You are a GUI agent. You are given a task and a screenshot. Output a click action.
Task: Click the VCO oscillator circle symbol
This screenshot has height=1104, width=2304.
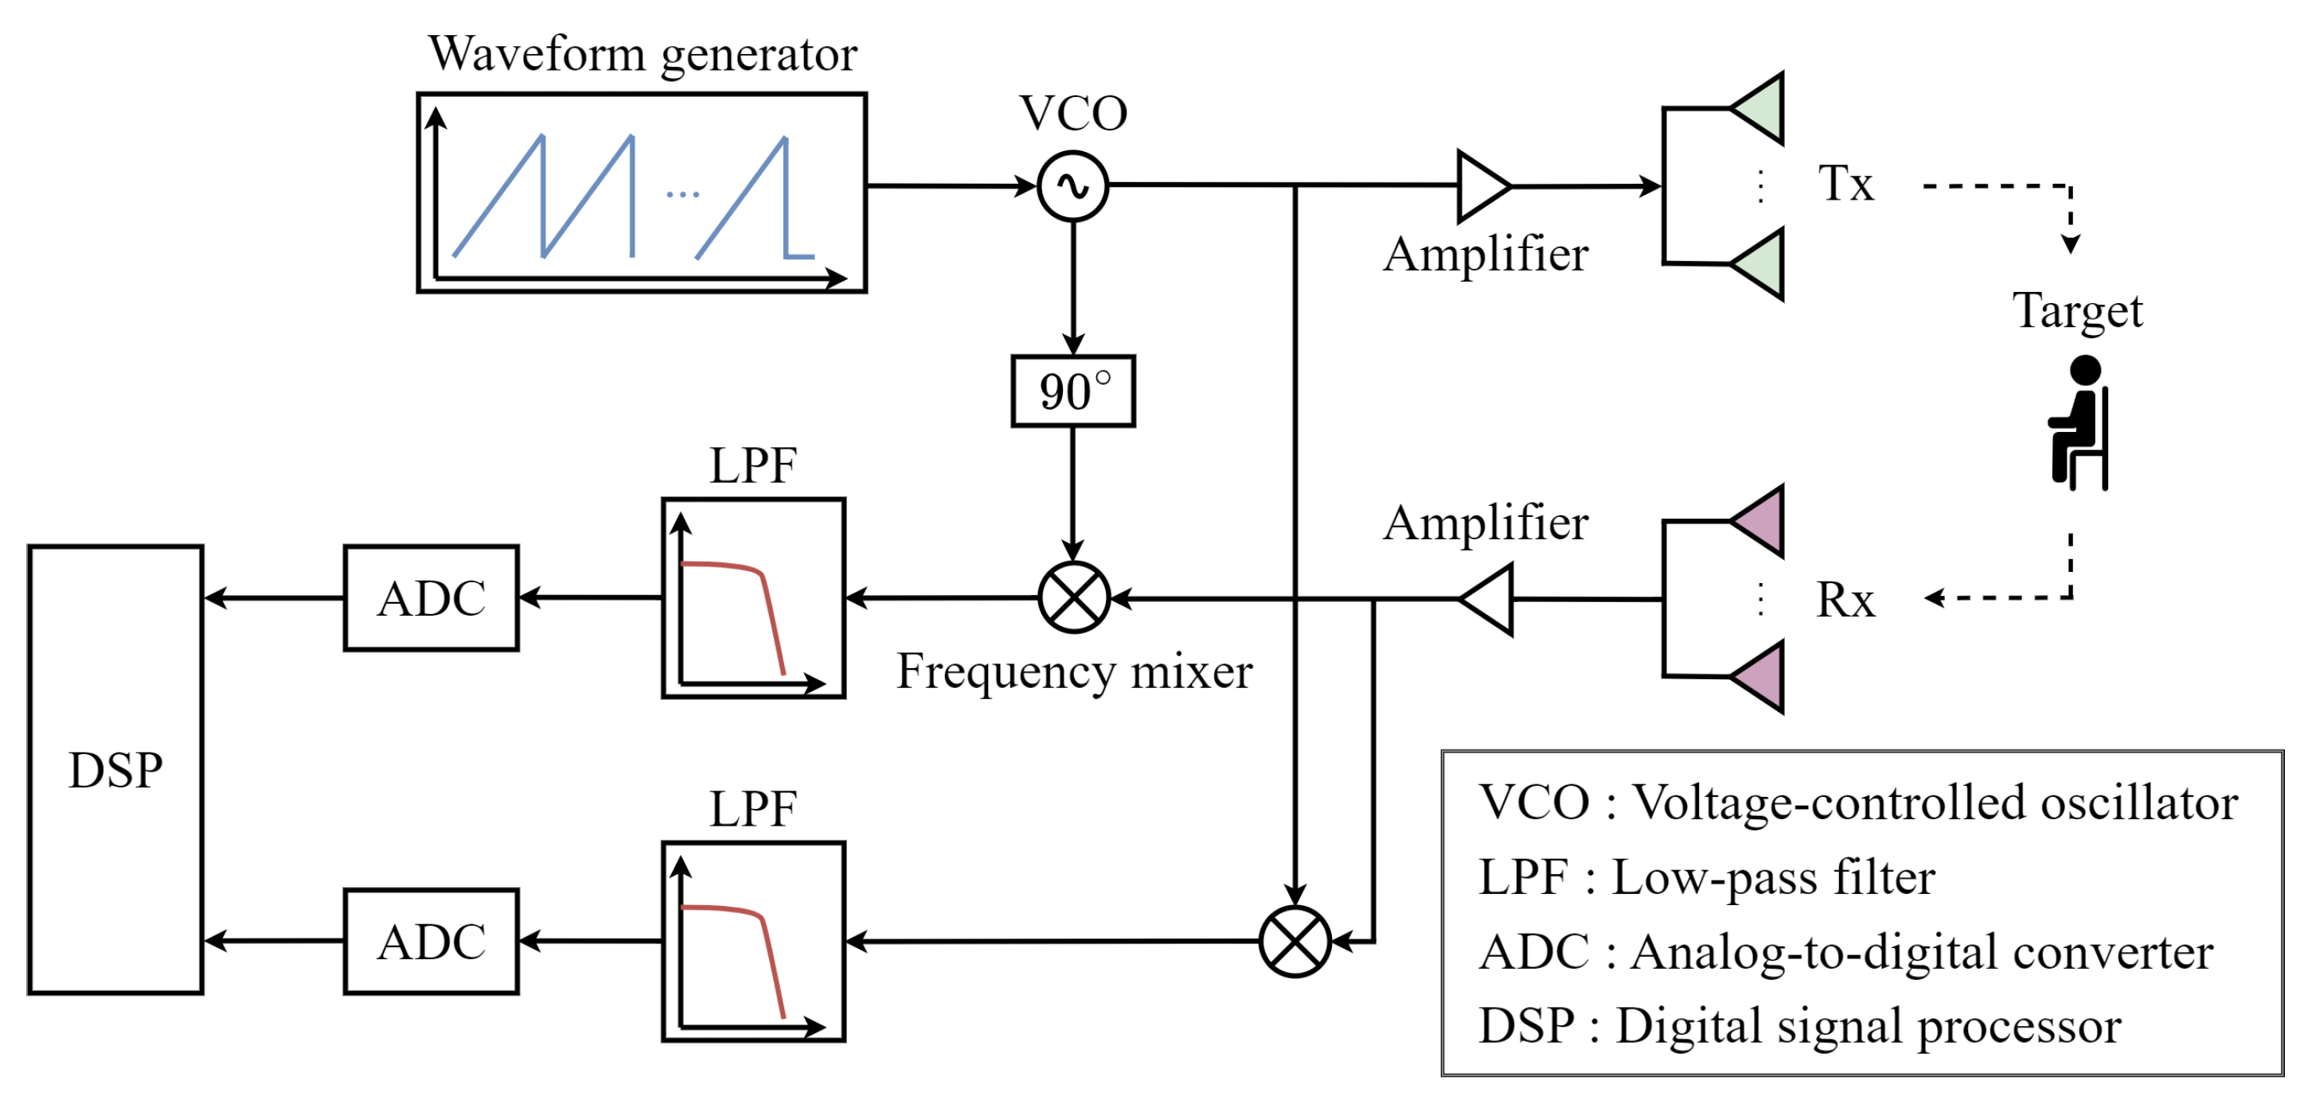[1072, 186]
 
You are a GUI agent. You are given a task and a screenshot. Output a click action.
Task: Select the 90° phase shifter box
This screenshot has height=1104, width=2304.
[1072, 391]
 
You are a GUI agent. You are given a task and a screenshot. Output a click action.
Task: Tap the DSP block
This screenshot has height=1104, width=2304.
[115, 769]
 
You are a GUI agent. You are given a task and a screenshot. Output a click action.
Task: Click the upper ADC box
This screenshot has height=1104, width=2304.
[432, 597]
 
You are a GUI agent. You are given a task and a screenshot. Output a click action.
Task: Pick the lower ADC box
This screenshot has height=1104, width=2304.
[432, 940]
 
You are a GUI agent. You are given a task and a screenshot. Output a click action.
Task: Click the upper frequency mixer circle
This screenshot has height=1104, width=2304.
[1073, 597]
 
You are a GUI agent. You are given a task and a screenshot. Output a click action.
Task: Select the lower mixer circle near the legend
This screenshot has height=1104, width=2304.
[1295, 940]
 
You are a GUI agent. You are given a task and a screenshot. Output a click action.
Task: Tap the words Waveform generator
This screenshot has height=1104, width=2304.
[642, 53]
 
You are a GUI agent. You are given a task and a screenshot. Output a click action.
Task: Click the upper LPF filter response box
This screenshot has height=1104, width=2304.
[753, 597]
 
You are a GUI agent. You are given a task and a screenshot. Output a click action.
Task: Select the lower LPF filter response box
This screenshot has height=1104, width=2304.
[753, 940]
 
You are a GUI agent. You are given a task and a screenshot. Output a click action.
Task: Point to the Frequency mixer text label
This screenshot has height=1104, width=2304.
[1073, 671]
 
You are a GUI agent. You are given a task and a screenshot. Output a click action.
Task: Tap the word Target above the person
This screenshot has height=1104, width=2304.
[2077, 311]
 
